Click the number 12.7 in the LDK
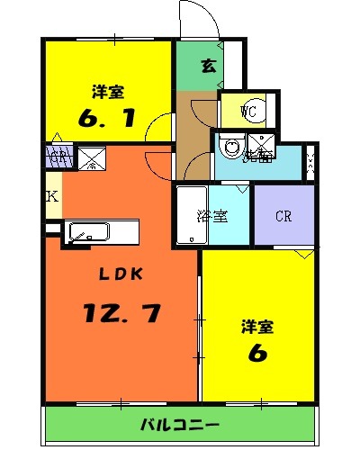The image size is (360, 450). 123,314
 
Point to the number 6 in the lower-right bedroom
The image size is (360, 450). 258,353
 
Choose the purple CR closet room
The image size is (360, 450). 283,216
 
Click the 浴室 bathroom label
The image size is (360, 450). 212,216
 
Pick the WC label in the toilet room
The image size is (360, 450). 249,112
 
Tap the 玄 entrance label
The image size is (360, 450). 207,65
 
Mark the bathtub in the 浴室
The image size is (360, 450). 188,216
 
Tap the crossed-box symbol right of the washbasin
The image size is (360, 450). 262,144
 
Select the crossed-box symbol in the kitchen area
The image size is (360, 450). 92,160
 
